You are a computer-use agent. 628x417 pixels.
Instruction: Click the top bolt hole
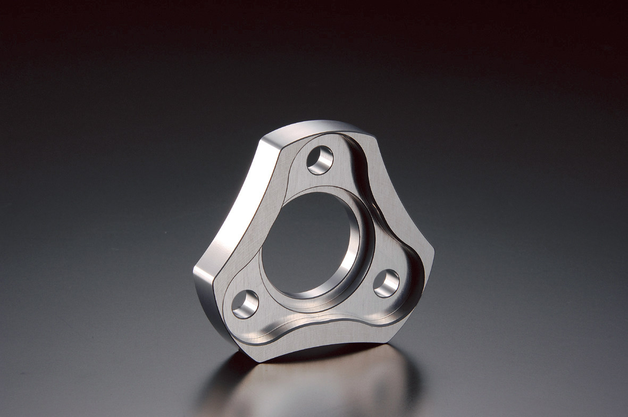[x=320, y=160]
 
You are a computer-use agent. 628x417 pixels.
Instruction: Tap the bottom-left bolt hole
[x=245, y=304]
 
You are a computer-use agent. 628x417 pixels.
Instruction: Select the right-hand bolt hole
[x=386, y=283]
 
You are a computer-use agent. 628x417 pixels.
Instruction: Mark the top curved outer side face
[x=314, y=128]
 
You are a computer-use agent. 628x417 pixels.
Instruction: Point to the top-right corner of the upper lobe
[x=372, y=133]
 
